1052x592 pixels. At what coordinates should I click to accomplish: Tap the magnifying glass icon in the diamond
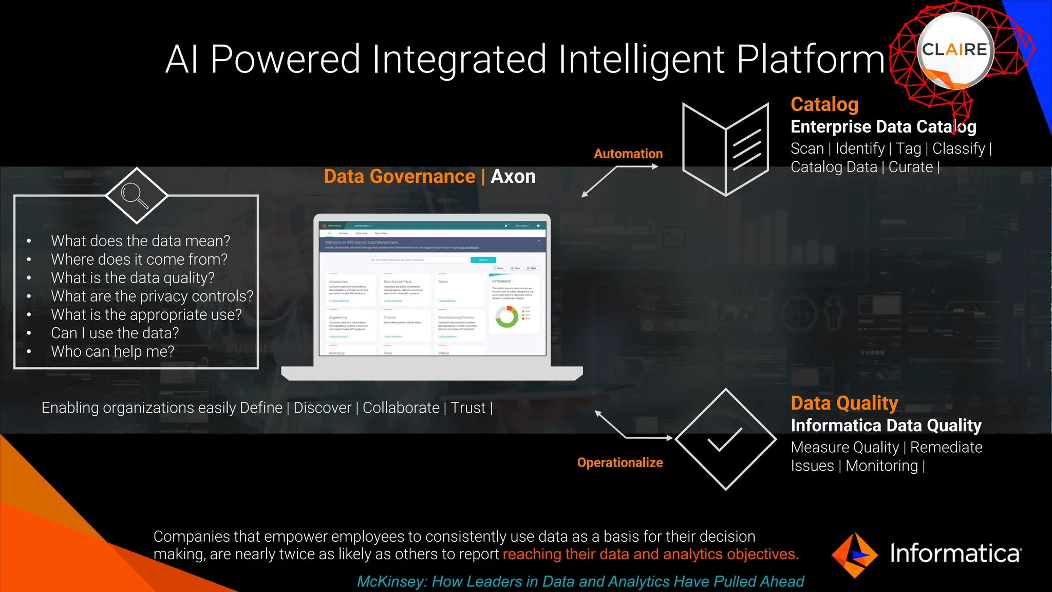pos(134,195)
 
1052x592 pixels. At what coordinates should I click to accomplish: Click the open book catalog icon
pos(725,149)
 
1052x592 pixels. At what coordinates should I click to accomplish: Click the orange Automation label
pos(628,154)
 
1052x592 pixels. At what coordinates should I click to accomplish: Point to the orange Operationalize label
pos(619,462)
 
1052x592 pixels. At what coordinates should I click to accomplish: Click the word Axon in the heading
pos(513,176)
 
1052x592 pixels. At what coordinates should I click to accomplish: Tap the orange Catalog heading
pos(824,104)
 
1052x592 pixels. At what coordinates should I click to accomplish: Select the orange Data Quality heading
pos(844,403)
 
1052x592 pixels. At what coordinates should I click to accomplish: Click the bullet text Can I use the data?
pos(115,333)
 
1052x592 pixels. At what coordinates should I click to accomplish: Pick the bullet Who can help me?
pos(112,351)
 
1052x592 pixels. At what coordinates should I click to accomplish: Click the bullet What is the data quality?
pos(133,277)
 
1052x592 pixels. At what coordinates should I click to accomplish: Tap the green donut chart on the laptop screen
pos(506,317)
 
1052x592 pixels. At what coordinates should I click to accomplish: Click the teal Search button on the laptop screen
pos(483,260)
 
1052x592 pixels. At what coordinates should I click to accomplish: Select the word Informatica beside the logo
pos(955,553)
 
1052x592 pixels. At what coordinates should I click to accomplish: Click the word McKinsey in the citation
pos(391,581)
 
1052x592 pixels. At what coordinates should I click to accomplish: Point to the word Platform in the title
pos(811,59)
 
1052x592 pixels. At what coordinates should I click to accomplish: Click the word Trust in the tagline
pos(468,408)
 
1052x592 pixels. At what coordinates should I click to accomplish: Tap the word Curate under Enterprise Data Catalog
pos(910,167)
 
